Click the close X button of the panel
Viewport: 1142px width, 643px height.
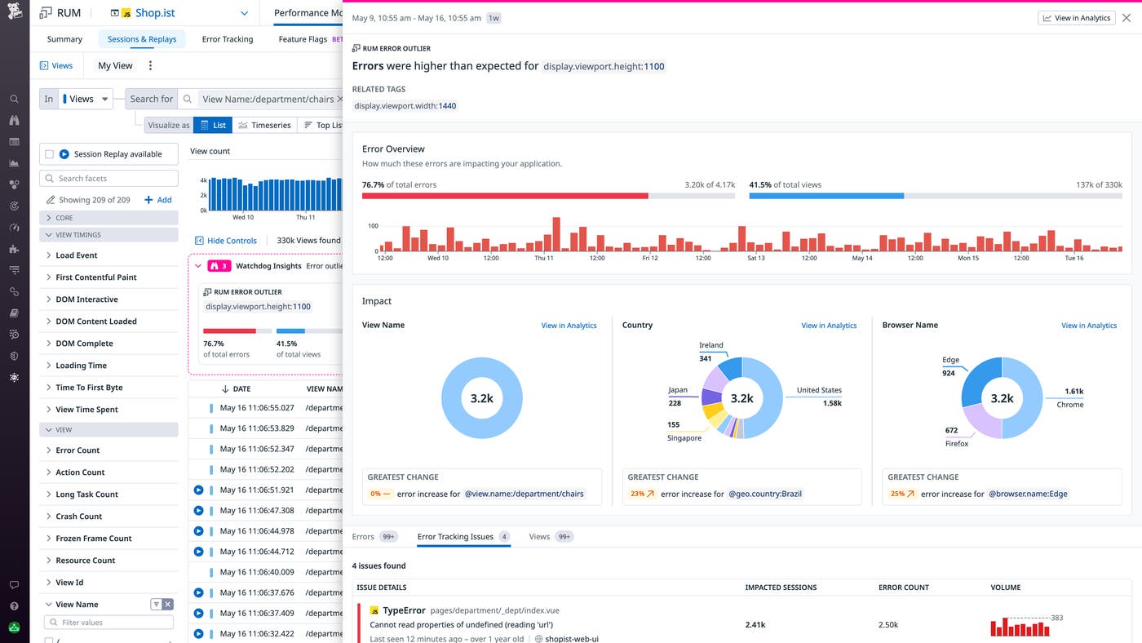(1127, 18)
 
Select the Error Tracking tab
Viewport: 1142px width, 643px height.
(227, 39)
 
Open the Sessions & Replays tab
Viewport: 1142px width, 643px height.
(142, 39)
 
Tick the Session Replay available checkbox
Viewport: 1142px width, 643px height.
(50, 154)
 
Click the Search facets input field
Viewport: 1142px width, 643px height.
(109, 179)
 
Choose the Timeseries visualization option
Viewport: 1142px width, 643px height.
(264, 125)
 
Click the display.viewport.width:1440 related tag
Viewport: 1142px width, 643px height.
(405, 106)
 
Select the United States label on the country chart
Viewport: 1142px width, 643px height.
(818, 390)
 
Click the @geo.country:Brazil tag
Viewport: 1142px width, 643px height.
(765, 494)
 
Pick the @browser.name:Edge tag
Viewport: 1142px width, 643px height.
(1028, 494)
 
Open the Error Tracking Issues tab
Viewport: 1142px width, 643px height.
(455, 537)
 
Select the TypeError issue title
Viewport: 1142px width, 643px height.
(404, 610)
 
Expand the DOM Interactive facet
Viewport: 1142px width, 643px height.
(86, 299)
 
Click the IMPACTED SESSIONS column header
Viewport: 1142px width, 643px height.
(781, 588)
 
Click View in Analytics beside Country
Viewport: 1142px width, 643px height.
(829, 326)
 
